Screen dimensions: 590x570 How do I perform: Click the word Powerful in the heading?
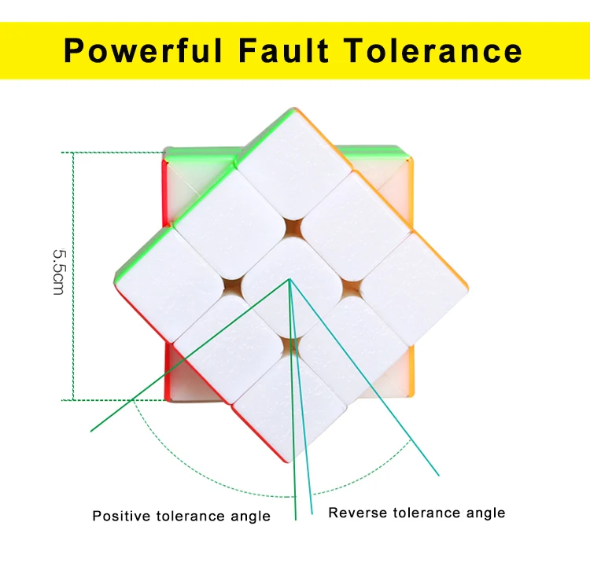pyautogui.click(x=143, y=51)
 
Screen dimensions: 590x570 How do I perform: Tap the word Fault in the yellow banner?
pyautogui.click(x=284, y=50)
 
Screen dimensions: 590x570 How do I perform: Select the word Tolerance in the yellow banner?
pyautogui.click(x=433, y=50)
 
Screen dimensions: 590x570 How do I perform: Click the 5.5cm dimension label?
pyautogui.click(x=58, y=271)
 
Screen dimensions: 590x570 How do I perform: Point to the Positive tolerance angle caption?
pyautogui.click(x=182, y=516)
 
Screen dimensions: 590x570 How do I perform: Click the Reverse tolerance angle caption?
pyautogui.click(x=416, y=513)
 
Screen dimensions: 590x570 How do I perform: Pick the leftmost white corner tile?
pyautogui.click(x=168, y=284)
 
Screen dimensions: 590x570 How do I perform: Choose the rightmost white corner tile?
pyautogui.click(x=414, y=288)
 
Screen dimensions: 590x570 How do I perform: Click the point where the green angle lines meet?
pyautogui.click(x=289, y=279)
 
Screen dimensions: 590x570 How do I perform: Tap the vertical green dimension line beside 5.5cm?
pyautogui.click(x=73, y=277)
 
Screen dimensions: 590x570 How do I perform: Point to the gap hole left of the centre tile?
pyautogui.click(x=232, y=289)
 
